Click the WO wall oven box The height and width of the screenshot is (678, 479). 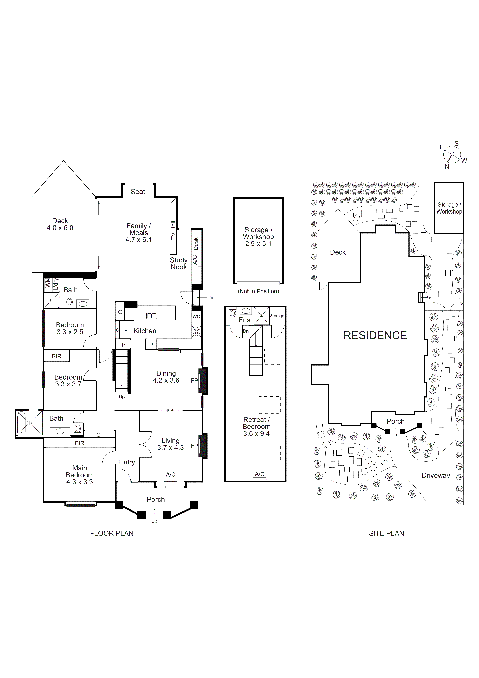pyautogui.click(x=196, y=316)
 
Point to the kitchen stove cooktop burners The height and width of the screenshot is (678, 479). pyautogui.click(x=196, y=331)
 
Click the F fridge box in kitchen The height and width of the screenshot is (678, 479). pyautogui.click(x=126, y=331)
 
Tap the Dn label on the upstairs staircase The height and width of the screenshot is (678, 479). pyautogui.click(x=246, y=331)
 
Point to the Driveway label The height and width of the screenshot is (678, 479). pyautogui.click(x=436, y=475)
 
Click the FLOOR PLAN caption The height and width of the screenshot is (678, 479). pyautogui.click(x=112, y=533)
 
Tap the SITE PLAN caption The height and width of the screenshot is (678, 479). pyautogui.click(x=386, y=533)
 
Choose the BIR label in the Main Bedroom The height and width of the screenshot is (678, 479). pyautogui.click(x=80, y=443)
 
